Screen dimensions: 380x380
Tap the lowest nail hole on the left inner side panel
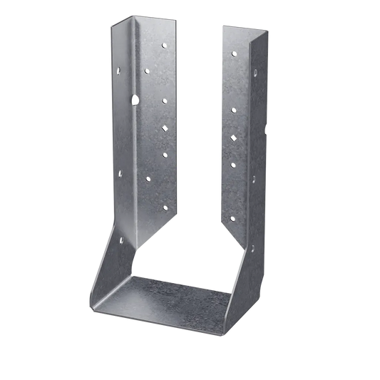point(165,207)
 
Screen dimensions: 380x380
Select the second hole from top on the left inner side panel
point(147,71)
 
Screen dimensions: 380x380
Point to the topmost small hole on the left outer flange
point(120,70)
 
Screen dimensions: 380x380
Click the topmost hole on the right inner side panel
point(230,53)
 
